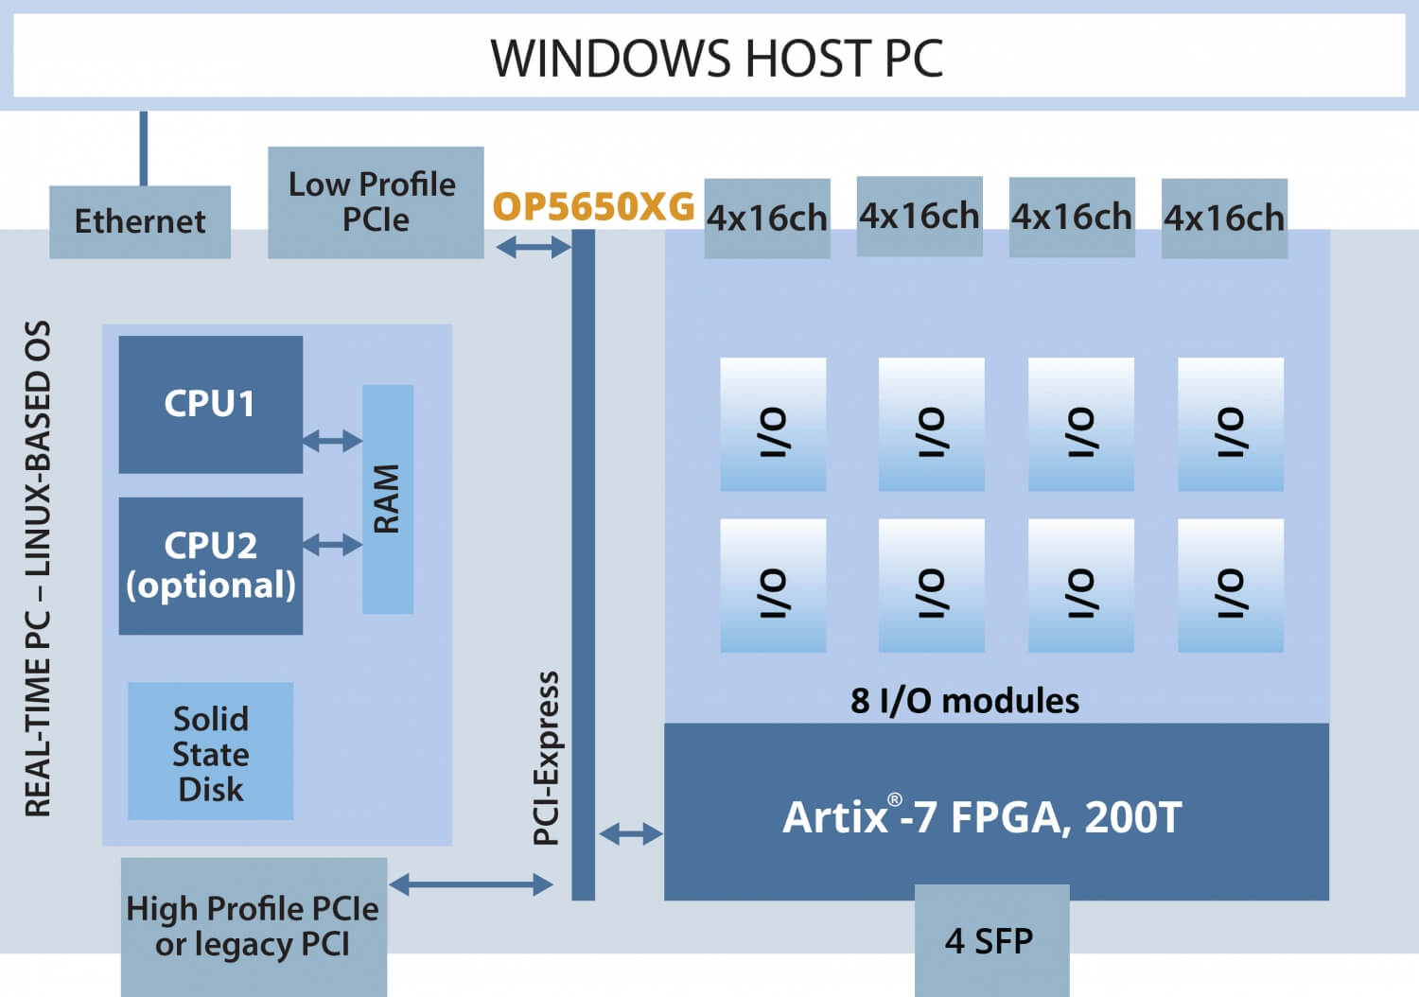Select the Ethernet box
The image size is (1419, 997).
pos(140,222)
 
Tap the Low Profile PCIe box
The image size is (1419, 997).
pos(376,201)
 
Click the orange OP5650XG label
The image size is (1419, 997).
pos(593,206)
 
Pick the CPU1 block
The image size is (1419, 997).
pos(210,404)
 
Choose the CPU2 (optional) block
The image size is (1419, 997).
pos(210,566)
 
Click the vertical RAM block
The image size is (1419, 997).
pos(388,498)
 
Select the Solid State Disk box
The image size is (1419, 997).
pos(210,753)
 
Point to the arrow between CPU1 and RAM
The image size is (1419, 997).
pos(332,440)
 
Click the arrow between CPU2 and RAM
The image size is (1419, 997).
pos(332,544)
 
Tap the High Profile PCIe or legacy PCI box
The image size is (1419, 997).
pos(254,926)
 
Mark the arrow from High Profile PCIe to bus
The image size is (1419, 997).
pos(470,884)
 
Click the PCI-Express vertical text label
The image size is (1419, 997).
pos(547,757)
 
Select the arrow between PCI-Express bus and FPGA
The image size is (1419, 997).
pos(631,833)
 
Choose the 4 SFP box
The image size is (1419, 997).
pos(991,940)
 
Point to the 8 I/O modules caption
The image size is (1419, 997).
pos(964,701)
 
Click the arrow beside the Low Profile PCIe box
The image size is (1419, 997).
pos(534,248)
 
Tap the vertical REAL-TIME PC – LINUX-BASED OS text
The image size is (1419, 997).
pos(38,568)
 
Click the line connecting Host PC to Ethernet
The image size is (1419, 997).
pos(144,148)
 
